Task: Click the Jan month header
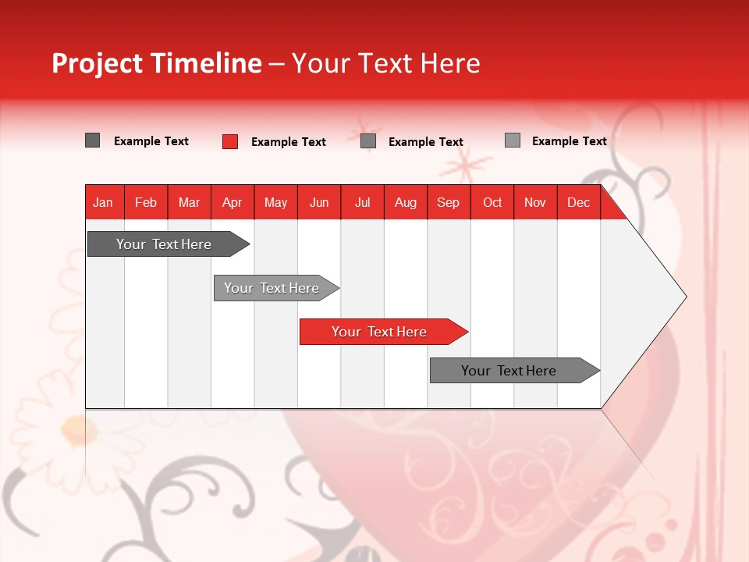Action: tap(104, 202)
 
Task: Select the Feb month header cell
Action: tap(146, 202)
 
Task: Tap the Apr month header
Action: tap(233, 202)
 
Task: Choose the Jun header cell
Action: tap(319, 202)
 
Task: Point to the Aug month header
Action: tap(406, 202)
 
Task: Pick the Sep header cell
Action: tap(449, 202)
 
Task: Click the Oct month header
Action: tap(492, 202)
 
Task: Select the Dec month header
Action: tap(579, 202)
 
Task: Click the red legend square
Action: tap(230, 141)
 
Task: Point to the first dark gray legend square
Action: tap(93, 140)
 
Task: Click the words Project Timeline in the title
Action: tap(156, 63)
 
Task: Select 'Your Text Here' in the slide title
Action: tap(385, 63)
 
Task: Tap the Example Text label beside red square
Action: tap(289, 142)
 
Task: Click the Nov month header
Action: tap(535, 202)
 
